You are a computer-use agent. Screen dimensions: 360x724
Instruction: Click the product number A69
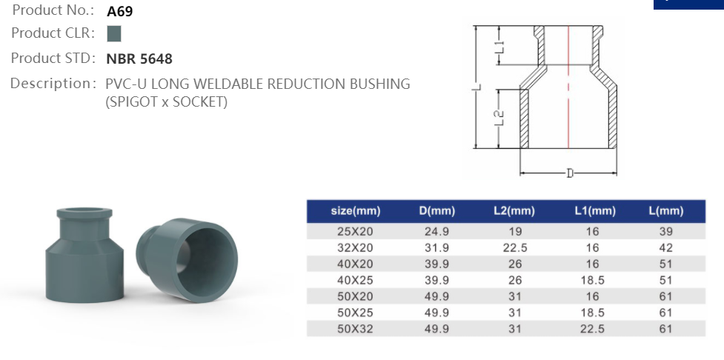coord(120,11)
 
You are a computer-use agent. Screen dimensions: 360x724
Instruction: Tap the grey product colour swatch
coord(113,33)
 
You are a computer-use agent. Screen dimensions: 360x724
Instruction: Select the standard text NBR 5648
coord(139,59)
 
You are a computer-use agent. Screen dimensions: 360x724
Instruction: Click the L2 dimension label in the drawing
coord(499,118)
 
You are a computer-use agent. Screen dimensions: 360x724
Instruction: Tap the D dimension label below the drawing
coord(569,173)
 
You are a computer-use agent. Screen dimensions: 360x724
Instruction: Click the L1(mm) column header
coord(595,211)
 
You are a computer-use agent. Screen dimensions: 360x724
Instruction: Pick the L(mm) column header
coord(665,211)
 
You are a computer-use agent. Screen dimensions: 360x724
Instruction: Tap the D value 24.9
coord(436,232)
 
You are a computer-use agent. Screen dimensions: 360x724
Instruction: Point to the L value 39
coord(665,232)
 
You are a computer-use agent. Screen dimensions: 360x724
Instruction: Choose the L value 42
coord(665,248)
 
